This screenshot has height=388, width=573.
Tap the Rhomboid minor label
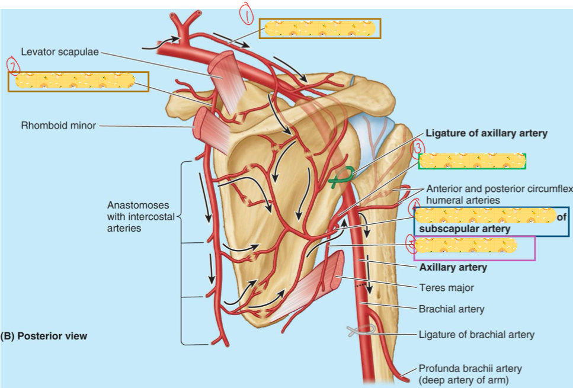(58, 126)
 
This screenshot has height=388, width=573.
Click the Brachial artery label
(451, 309)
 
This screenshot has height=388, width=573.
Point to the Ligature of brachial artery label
(476, 335)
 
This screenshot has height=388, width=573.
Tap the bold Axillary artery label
(453, 267)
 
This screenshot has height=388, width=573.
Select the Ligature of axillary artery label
(486, 133)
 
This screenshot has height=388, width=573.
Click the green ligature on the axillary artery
(342, 177)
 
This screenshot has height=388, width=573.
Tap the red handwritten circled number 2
(12, 65)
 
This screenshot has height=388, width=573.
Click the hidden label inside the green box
(472, 161)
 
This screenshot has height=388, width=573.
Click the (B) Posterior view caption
(44, 336)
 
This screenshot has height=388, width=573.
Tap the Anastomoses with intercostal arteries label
(141, 216)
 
